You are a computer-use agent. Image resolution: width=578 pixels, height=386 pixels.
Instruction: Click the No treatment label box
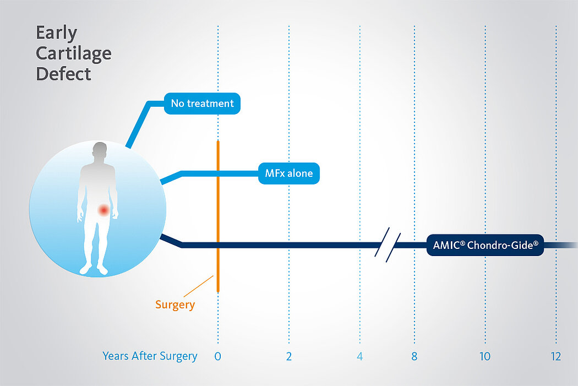pos(202,103)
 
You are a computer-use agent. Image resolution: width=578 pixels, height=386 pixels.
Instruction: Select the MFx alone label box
pos(288,173)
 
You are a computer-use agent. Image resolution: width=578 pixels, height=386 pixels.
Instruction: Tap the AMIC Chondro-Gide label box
pos(485,245)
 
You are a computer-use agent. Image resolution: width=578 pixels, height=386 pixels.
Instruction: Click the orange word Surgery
pos(175,305)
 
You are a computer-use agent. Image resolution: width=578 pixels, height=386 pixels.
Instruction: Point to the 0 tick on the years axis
pos(218,356)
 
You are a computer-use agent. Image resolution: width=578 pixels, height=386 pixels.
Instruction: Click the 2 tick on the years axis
pos(289,356)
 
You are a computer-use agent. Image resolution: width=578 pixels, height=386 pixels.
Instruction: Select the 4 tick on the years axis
pos(360,356)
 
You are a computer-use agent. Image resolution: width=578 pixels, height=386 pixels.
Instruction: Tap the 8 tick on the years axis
pos(415,356)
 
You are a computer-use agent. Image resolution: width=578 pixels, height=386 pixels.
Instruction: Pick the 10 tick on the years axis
pos(485,356)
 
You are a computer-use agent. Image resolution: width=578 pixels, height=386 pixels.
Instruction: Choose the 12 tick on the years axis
pos(556,356)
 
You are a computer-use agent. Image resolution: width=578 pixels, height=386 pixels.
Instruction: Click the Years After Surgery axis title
pos(150,356)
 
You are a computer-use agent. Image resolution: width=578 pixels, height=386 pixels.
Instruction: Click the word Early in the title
pos(56,33)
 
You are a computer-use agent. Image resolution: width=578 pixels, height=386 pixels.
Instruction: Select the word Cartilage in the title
pos(74,54)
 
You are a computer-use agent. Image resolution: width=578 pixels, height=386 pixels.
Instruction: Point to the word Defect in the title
pos(63,74)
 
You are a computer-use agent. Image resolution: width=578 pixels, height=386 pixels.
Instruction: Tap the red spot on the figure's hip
pos(103,210)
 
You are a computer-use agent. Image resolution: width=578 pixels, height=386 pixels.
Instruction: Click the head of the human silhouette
pos(100,151)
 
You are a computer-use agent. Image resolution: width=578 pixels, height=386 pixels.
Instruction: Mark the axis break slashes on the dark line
pos(388,245)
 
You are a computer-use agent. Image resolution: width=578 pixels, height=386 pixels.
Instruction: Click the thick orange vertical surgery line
pos(218,216)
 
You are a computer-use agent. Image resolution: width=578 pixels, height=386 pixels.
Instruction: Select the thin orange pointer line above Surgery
pos(198,286)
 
